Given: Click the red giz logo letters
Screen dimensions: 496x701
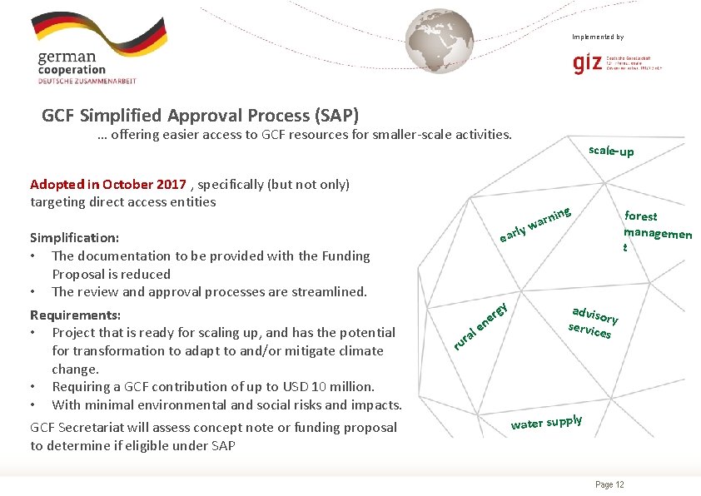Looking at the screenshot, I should pos(587,63).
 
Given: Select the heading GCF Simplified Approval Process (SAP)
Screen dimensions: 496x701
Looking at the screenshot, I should pos(200,115).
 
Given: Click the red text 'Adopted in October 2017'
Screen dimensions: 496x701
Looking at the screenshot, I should pos(108,184).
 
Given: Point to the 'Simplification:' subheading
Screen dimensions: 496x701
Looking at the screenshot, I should pos(74,237).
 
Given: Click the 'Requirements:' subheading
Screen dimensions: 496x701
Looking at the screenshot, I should pos(75,315).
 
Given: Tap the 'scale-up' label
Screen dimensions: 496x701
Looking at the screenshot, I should pos(610,151).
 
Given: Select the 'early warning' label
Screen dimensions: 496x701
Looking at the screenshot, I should pos(535,225).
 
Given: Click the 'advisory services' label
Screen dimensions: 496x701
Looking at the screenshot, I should pos(593,322).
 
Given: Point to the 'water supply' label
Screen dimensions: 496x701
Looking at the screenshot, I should pos(546,422).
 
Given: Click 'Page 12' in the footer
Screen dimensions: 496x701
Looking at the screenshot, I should pos(609,485).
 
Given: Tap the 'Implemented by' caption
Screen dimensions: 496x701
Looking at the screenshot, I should pos(597,37).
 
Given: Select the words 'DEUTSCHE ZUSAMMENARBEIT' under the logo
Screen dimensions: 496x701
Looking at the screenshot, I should pos(87,81).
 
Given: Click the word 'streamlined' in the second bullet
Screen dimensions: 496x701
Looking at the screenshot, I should pos(330,291).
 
